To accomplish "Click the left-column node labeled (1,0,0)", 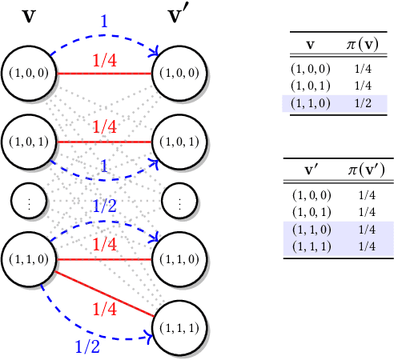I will pyautogui.click(x=26, y=73).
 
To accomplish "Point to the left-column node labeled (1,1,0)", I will pyautogui.click(x=26, y=259).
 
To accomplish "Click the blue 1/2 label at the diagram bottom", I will pyautogui.click(x=87, y=346).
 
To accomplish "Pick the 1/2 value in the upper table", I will pyautogui.click(x=361, y=103).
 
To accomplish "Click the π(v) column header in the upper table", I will pyautogui.click(x=361, y=43).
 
